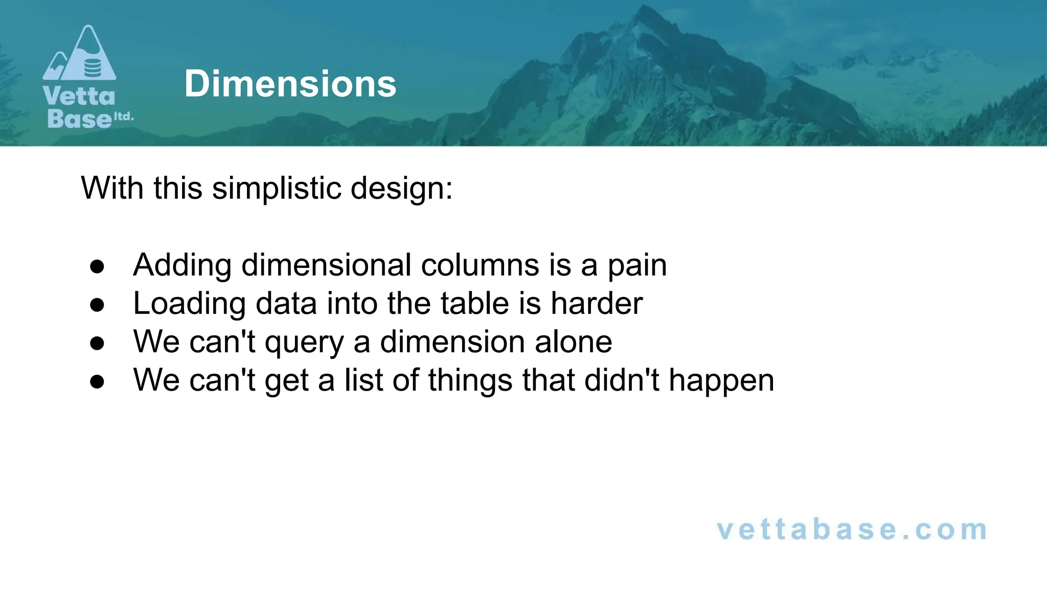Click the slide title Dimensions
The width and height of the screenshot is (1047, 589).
coord(290,84)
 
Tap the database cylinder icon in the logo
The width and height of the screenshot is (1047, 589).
coord(92,67)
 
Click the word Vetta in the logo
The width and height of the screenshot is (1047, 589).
coord(79,96)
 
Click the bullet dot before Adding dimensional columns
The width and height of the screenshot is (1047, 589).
coord(97,266)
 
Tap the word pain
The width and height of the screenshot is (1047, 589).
coord(637,265)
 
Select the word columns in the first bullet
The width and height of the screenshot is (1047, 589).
coord(480,265)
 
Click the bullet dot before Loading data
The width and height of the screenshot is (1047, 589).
coord(97,305)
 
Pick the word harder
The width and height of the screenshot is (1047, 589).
coord(597,304)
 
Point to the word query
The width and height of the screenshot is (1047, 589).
coord(304,342)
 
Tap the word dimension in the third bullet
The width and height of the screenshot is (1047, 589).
coord(452,342)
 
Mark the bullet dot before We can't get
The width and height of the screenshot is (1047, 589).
coord(97,381)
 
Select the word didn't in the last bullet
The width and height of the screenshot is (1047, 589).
coord(622,380)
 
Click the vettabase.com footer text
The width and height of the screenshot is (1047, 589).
coord(852,530)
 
